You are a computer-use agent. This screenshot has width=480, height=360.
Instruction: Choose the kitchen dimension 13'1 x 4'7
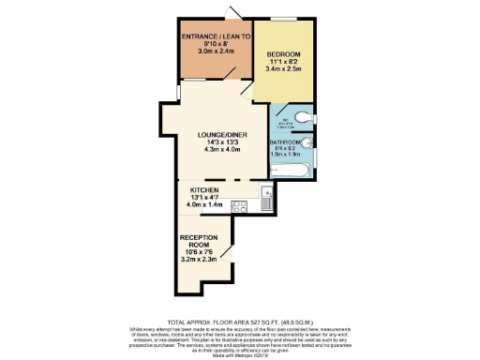click(x=207, y=197)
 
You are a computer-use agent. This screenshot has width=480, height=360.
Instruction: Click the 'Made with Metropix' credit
click(x=240, y=349)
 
